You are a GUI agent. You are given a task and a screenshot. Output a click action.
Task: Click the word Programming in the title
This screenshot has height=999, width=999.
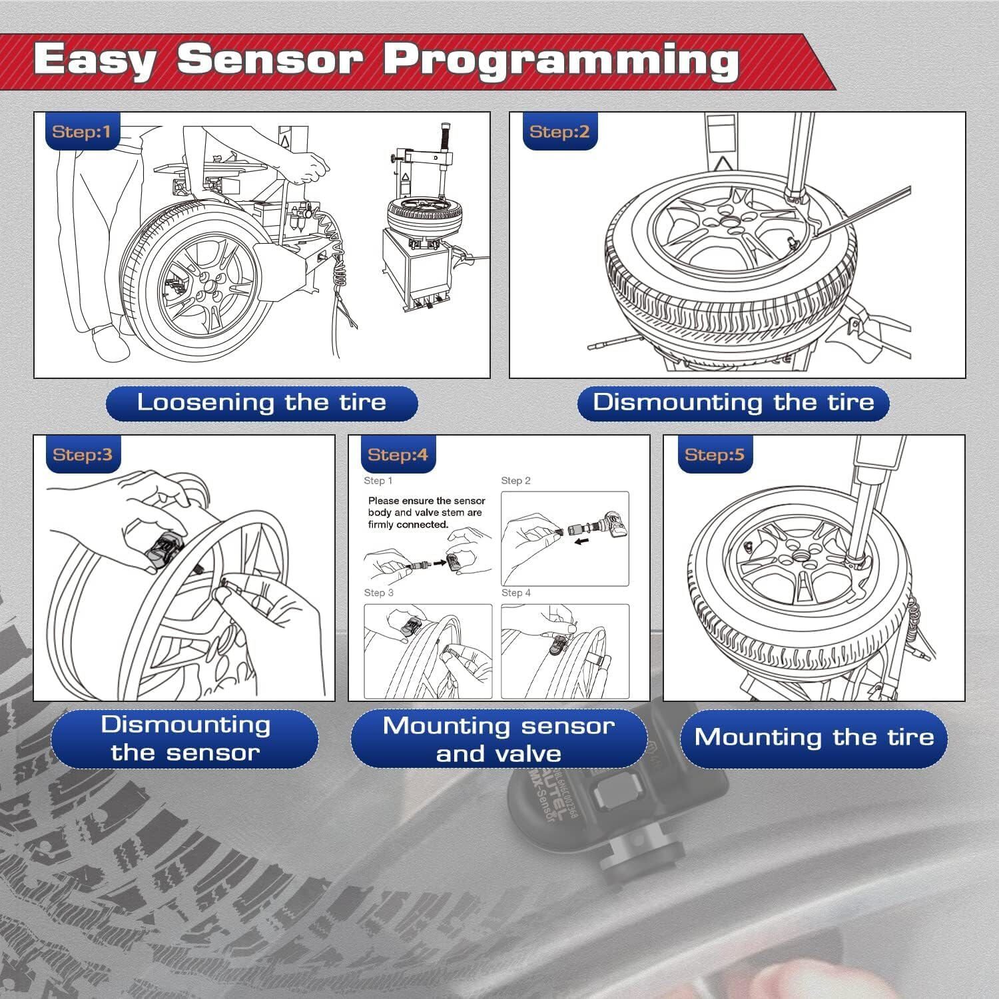tap(560, 60)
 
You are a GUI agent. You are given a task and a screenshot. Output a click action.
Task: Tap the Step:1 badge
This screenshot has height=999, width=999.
tap(81, 132)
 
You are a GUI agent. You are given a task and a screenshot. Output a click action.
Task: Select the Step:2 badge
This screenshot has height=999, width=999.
tap(559, 132)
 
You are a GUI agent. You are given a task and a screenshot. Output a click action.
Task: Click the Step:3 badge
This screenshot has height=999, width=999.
tap(83, 455)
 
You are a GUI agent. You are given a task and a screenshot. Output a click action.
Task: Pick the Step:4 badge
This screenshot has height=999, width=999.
tap(398, 455)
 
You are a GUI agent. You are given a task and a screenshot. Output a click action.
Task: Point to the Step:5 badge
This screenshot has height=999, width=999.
tap(714, 455)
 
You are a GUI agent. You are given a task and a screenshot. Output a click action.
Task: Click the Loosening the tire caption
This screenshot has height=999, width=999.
tap(262, 403)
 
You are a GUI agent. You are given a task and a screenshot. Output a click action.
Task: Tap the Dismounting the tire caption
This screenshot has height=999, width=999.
tap(733, 403)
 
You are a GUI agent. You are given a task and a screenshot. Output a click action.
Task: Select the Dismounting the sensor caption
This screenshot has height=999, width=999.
tap(185, 739)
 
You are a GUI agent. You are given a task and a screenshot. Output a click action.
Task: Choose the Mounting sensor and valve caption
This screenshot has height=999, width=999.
tap(498, 739)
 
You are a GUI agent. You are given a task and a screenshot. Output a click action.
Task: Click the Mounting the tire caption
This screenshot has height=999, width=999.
tap(814, 738)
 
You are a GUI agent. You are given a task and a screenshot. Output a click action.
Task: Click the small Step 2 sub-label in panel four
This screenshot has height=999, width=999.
tap(515, 481)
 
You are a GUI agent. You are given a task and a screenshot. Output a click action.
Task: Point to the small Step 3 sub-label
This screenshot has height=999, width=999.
tap(378, 593)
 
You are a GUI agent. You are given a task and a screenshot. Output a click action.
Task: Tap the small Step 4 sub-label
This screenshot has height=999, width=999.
tap(515, 593)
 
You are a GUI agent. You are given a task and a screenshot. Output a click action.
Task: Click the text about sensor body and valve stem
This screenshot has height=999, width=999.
tap(426, 513)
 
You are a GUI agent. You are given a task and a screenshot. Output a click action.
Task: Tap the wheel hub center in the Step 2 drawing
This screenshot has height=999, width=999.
tap(730, 222)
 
